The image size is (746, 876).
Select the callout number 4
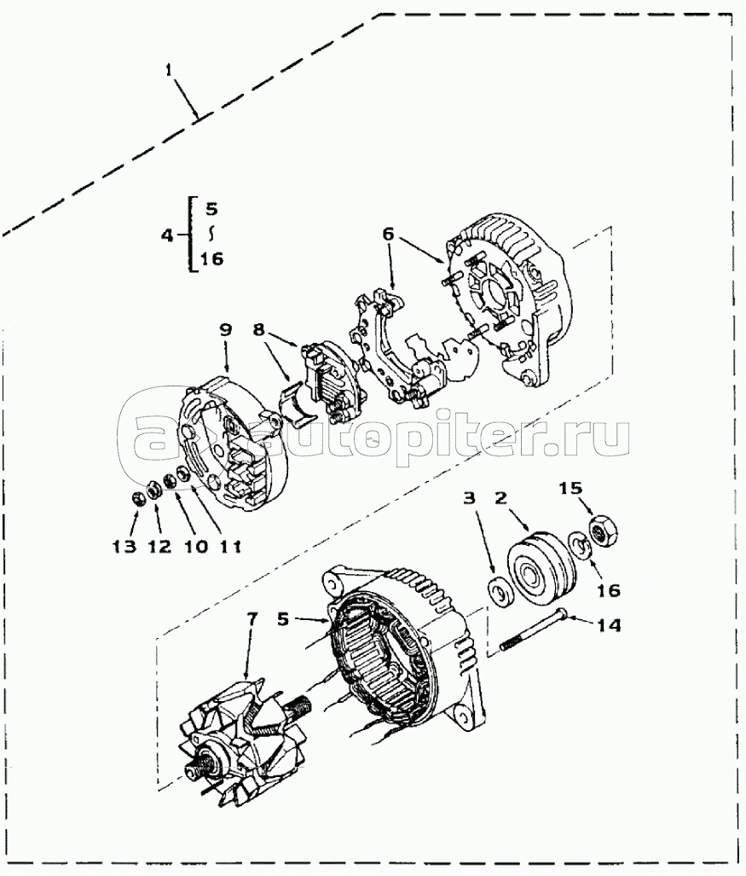pyautogui.click(x=168, y=235)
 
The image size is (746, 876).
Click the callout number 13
pyautogui.click(x=124, y=546)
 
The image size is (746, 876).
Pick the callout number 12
pyautogui.click(x=159, y=546)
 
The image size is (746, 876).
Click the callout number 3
pyautogui.click(x=470, y=496)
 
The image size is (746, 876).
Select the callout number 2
pyautogui.click(x=503, y=496)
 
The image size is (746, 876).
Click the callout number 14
pyautogui.click(x=609, y=625)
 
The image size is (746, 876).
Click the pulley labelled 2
pyautogui.click(x=536, y=571)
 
